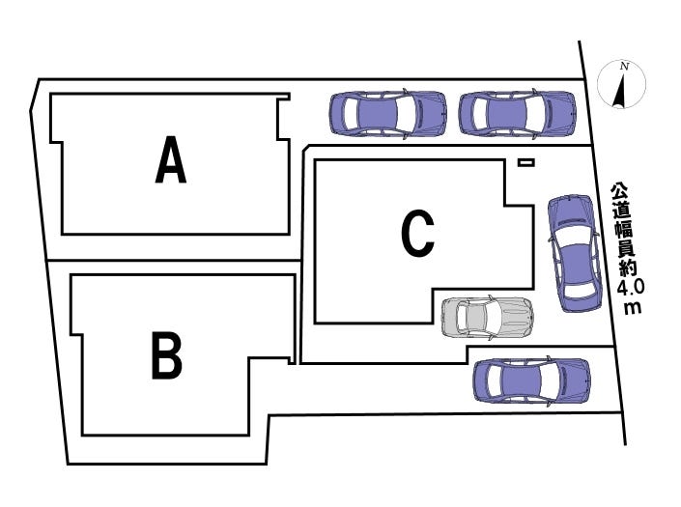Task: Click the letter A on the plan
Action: [x=171, y=159]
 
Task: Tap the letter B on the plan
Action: [x=166, y=355]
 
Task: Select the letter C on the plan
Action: [x=417, y=233]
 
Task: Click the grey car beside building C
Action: [x=487, y=318]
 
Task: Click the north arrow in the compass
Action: [x=620, y=91]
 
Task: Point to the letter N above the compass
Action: [x=625, y=67]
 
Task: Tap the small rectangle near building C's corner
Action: [x=525, y=162]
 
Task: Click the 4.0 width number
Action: [x=630, y=288]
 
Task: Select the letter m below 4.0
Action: [x=633, y=307]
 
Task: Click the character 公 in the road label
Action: [x=619, y=191]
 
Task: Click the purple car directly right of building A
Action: [x=388, y=114]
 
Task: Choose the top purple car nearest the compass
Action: [x=517, y=114]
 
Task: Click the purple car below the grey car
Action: [x=531, y=381]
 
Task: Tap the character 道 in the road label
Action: [x=621, y=210]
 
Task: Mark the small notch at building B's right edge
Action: [x=292, y=360]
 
